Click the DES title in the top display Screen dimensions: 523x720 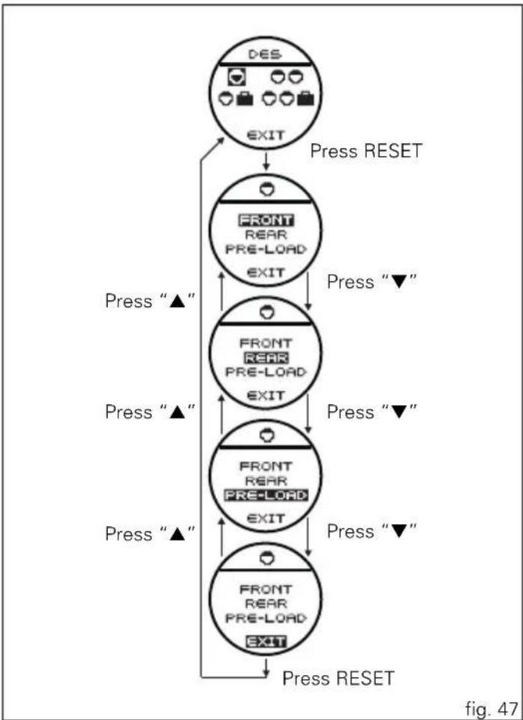pos(265,54)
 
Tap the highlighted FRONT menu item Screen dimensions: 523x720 pos(266,220)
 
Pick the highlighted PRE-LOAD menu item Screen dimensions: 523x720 pos(266,495)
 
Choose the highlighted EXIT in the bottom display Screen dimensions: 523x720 pos(266,641)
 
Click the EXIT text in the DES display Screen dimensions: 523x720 pos(266,135)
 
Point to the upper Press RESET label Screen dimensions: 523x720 pos(366,151)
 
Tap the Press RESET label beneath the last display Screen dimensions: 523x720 pos(338,678)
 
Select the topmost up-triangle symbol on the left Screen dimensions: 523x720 pos(177,302)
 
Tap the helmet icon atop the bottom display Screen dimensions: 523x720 pos(266,558)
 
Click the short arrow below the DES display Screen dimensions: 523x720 pos(266,161)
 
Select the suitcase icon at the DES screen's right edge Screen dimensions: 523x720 pos(306,99)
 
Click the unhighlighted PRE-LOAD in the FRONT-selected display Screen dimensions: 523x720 pos(266,249)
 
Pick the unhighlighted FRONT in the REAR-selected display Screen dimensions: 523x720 pos(266,343)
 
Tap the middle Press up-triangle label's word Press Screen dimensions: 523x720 pos(129,412)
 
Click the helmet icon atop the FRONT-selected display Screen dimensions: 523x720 pos(266,190)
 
